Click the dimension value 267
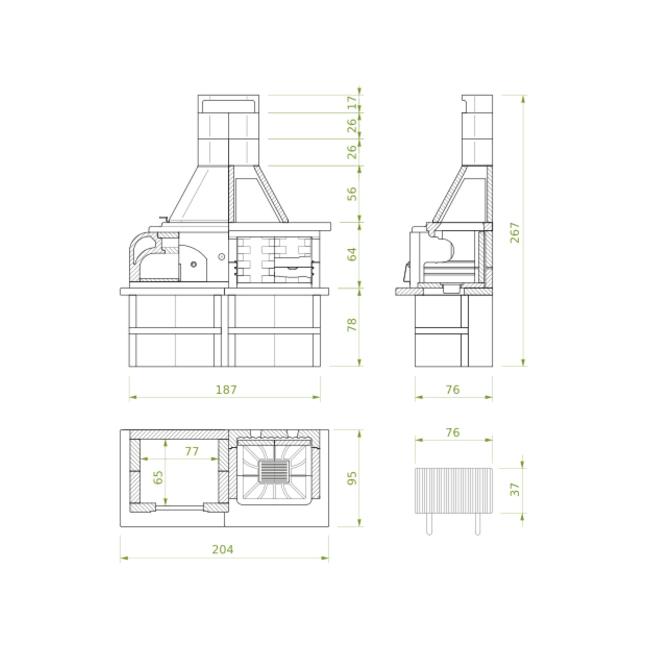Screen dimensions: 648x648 515,232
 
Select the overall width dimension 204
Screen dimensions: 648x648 222,549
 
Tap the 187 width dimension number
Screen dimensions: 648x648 226,389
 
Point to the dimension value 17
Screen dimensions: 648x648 352,103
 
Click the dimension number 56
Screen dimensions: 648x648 352,194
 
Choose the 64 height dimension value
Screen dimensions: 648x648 352,254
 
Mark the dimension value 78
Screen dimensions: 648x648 352,324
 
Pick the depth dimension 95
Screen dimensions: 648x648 352,478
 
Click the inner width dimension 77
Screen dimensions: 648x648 192,451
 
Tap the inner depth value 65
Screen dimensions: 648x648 158,477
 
